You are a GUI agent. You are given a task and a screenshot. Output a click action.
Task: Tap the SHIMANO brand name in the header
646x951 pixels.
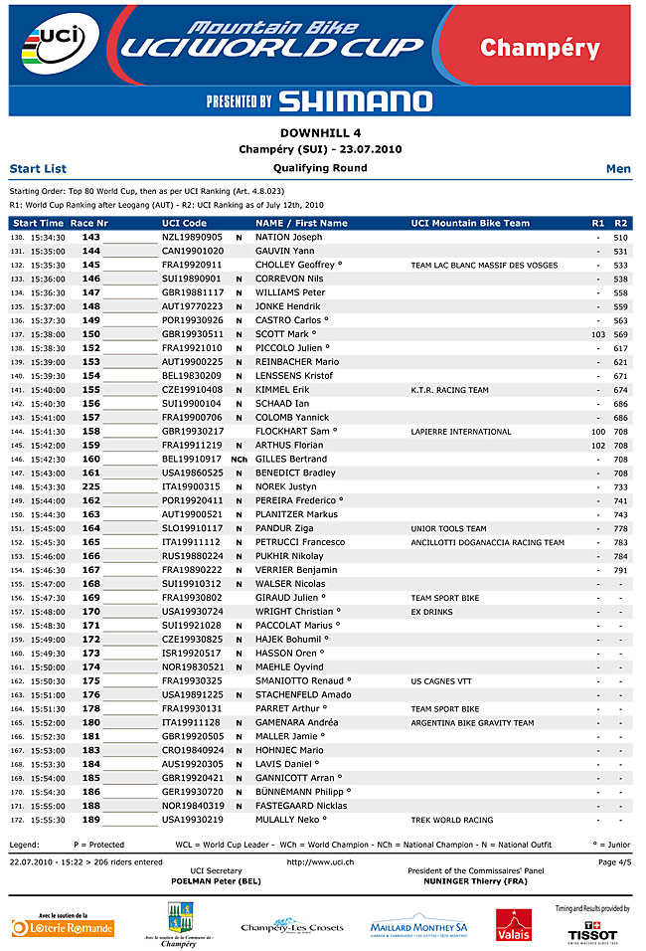coord(355,100)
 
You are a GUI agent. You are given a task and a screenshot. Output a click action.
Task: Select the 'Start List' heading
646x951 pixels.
coord(38,169)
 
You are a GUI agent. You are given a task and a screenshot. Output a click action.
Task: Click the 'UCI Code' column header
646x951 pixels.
coord(184,223)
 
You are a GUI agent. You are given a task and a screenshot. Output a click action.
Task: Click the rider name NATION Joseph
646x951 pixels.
coord(288,238)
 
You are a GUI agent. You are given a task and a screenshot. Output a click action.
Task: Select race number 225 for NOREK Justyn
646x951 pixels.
coord(90,486)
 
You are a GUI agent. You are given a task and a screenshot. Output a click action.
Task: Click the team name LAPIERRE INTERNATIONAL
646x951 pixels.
coord(460,432)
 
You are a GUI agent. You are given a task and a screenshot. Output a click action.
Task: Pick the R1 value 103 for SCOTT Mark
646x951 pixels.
coord(597,335)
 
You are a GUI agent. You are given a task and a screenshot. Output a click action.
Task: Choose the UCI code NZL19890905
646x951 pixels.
coord(193,238)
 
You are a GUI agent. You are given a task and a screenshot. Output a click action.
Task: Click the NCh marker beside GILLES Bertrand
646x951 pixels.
coord(239,460)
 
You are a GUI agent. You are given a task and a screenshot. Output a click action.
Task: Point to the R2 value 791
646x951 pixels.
coord(620,570)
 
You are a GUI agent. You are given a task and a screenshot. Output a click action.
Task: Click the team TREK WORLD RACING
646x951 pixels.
coord(451,820)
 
